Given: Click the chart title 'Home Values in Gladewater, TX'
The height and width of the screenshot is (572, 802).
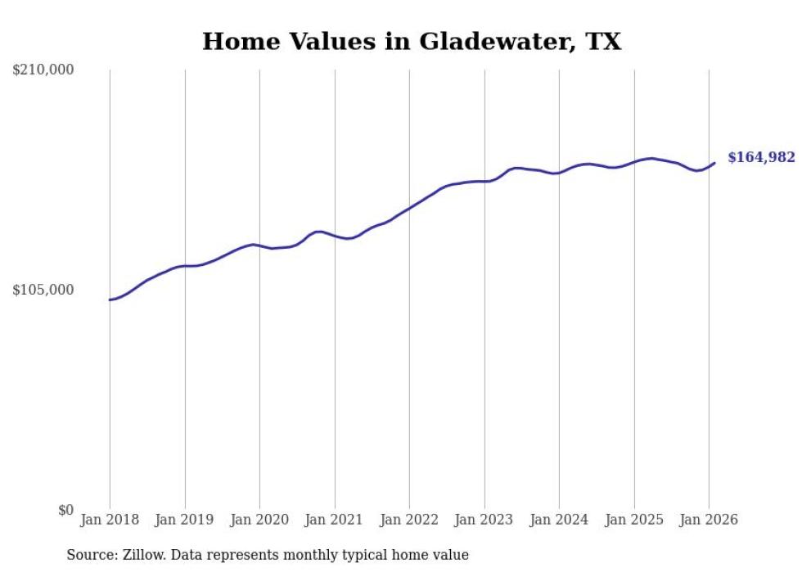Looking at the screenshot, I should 412,42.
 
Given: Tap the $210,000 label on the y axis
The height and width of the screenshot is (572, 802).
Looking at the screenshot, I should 43,70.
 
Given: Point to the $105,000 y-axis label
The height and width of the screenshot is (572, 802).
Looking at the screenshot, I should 43,290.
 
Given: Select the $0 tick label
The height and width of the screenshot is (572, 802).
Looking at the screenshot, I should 66,510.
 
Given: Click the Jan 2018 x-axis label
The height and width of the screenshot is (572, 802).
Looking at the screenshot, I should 110,520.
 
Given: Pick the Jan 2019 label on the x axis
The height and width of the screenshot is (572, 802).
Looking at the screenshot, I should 184,520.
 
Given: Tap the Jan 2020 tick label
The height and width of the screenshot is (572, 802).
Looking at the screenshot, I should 259,520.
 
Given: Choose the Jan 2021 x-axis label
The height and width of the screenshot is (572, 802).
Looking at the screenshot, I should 334,520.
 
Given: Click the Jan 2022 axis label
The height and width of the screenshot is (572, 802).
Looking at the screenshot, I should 409,520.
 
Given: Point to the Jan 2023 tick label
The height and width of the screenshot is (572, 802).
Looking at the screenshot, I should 484,520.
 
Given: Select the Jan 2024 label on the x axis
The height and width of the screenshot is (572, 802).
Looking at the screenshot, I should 559,520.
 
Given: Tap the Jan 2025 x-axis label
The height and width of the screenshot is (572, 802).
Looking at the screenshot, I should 633,520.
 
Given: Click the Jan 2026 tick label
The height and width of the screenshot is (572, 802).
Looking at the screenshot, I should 709,520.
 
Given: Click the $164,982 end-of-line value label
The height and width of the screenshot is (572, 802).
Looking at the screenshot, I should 761,157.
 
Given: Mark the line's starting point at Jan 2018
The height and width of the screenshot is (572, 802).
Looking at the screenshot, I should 110,300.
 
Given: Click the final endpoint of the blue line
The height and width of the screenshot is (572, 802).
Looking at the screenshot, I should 714,163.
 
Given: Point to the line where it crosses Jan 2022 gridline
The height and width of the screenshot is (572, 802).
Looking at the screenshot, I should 409,209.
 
